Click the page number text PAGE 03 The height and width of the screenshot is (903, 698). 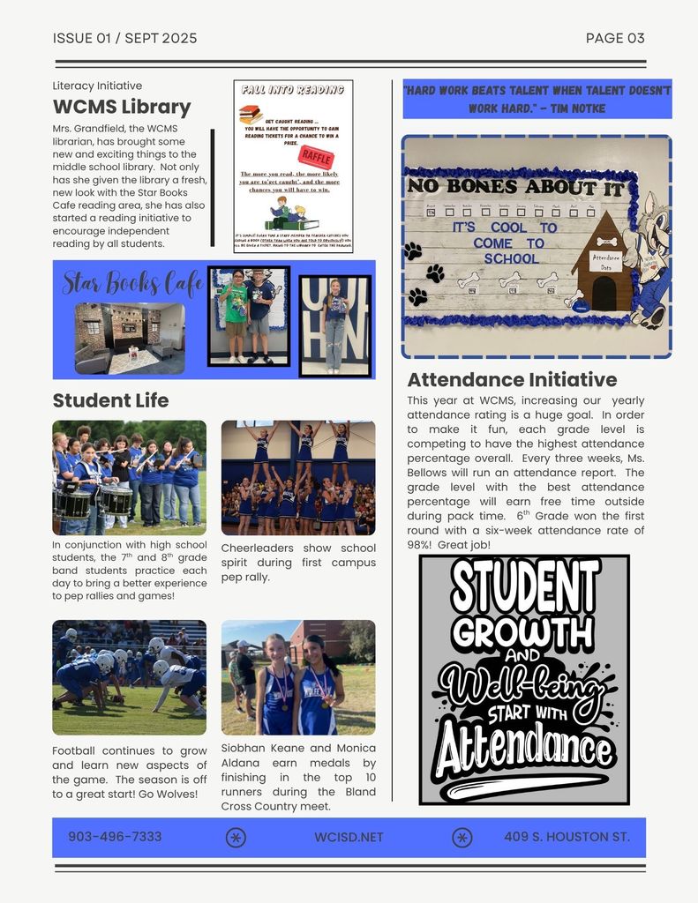tap(615, 38)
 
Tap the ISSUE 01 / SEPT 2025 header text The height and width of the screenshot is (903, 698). tap(124, 38)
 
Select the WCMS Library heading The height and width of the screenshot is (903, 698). tap(122, 107)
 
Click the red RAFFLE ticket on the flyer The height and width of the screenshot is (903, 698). tap(316, 157)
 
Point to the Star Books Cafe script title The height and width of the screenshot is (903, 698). tap(132, 283)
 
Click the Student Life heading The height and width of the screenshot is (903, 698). tap(110, 400)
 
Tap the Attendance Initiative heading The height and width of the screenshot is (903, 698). tap(512, 380)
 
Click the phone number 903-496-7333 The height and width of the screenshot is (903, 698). tap(115, 837)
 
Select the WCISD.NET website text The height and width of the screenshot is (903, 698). tap(349, 837)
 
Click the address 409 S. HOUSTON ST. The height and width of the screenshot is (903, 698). tap(567, 837)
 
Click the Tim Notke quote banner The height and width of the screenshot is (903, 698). tap(537, 100)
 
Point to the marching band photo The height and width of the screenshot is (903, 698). tap(129, 477)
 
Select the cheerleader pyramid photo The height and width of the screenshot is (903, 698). tap(297, 477)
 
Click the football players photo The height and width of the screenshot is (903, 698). tap(129, 677)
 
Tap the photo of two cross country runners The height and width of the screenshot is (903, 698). tap(297, 677)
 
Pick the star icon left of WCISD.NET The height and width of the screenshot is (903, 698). tap(236, 838)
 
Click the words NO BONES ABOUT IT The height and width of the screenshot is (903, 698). tap(515, 187)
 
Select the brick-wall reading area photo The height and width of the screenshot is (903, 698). tap(129, 339)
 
